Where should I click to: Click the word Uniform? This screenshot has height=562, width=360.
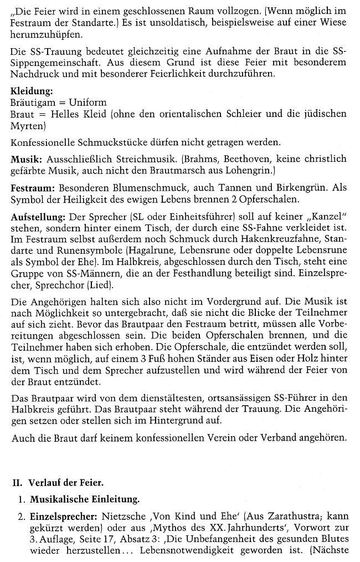[x=88, y=103]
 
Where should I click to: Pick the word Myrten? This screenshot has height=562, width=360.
[x=27, y=126]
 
